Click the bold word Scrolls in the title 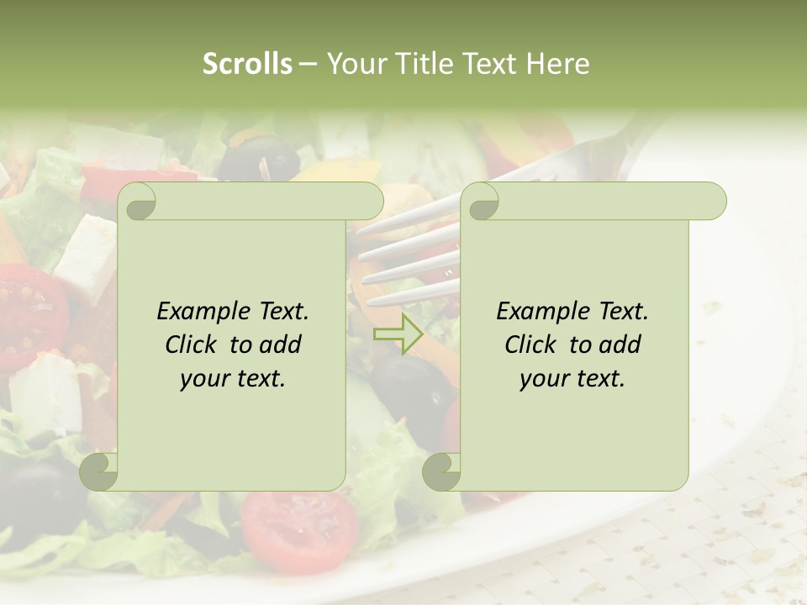[x=247, y=64]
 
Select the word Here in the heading [x=557, y=64]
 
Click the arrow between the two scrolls [x=398, y=334]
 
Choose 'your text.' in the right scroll [x=572, y=378]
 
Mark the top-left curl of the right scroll [x=482, y=203]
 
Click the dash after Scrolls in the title [x=309, y=64]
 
